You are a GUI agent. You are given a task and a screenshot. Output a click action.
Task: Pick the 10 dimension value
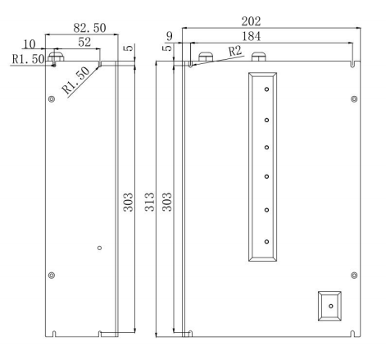[29, 43]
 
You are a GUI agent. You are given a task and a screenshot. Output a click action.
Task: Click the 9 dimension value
[169, 35]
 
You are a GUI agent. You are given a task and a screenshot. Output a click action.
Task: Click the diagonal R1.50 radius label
[83, 81]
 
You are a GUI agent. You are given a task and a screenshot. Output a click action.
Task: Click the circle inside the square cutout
[330, 304]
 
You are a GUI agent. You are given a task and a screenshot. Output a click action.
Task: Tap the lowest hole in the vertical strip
[267, 241]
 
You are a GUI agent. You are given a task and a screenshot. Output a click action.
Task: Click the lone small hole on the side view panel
[99, 248]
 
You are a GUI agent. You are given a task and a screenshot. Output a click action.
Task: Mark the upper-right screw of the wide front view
[353, 99]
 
